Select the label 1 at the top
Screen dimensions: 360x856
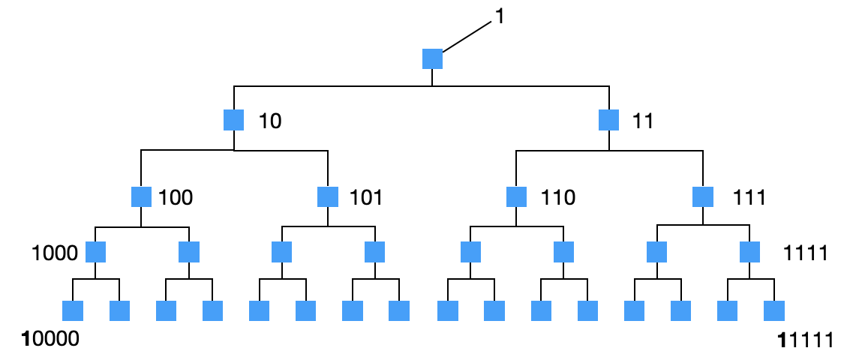coord(500,17)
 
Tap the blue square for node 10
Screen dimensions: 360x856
coord(234,120)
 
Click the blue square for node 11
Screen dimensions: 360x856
coord(608,120)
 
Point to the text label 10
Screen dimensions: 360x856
coord(270,121)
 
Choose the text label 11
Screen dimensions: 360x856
coord(643,121)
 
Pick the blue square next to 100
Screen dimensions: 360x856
coord(141,197)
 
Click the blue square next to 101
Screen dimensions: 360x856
coord(328,197)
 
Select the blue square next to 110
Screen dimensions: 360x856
coord(516,197)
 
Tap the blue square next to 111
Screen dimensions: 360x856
coord(703,197)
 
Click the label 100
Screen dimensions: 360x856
coord(176,198)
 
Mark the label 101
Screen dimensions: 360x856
coord(366,198)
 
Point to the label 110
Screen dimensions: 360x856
coord(558,198)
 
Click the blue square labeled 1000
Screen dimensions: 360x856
coord(95,252)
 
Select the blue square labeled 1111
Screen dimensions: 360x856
coord(749,252)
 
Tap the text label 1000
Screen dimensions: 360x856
coord(55,253)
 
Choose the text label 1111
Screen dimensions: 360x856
coord(805,253)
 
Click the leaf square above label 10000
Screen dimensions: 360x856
coord(72,310)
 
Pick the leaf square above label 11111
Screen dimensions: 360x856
coord(773,310)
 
